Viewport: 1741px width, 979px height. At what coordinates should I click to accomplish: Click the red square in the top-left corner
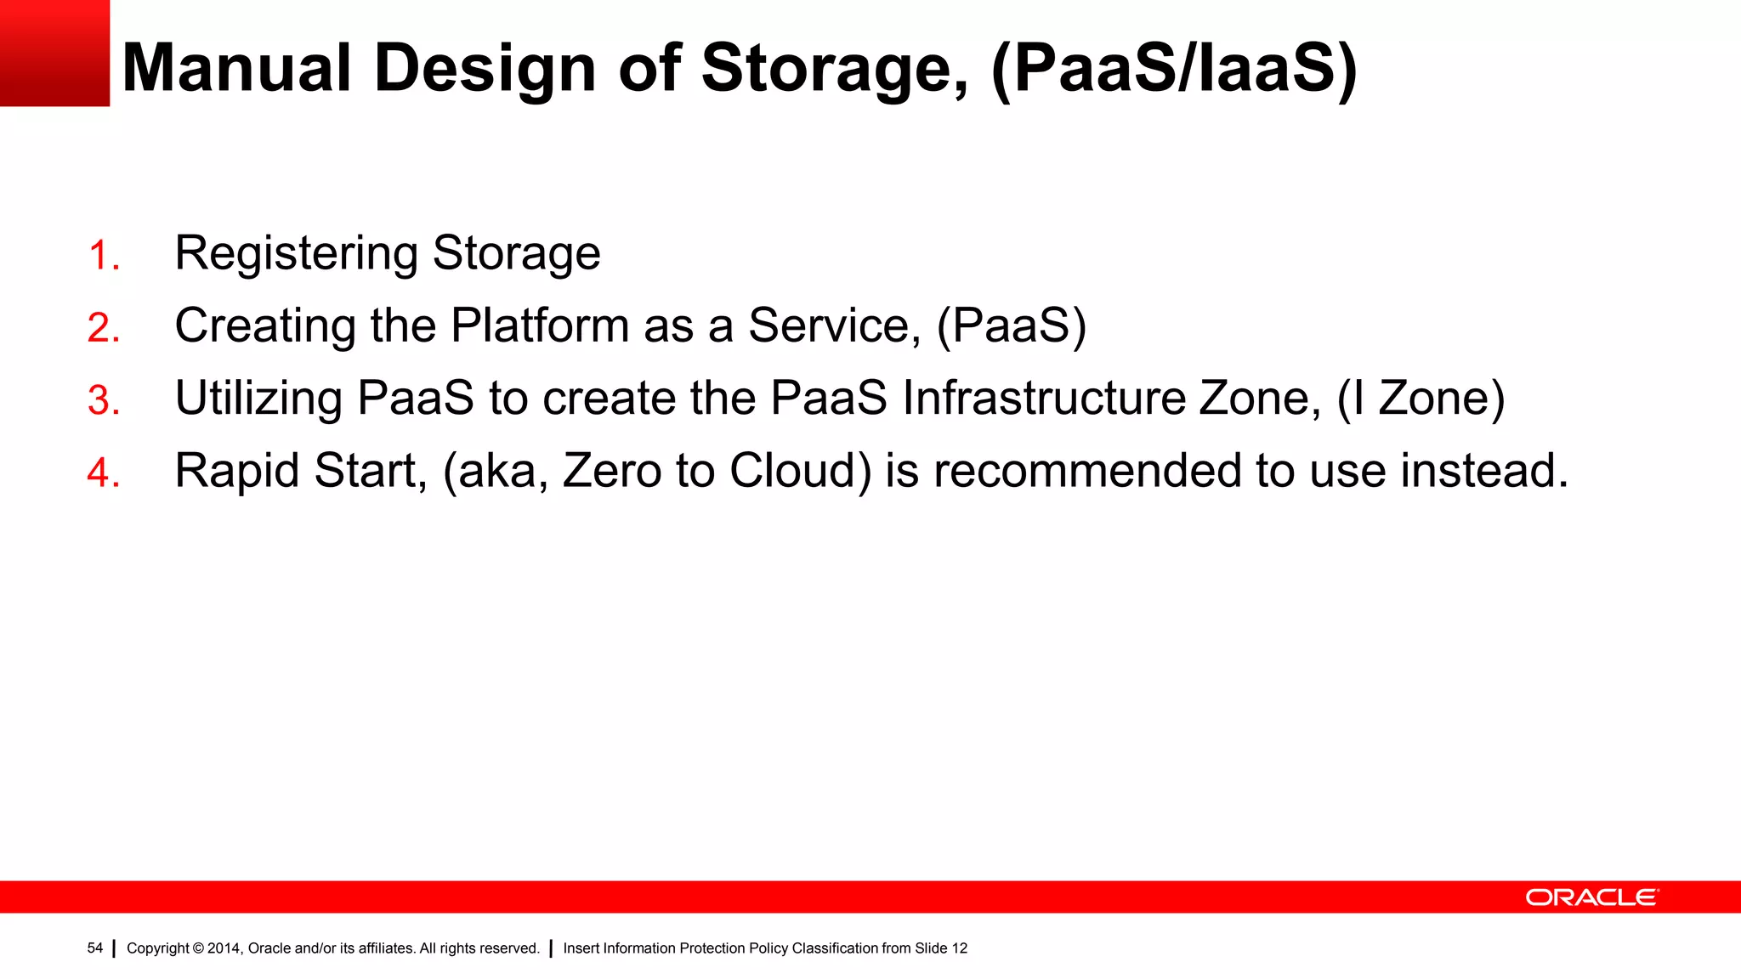point(54,53)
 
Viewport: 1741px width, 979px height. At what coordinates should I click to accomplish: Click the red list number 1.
point(103,256)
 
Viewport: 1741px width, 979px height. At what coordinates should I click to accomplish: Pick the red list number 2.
point(103,328)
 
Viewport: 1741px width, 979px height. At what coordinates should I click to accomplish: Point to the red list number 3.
point(103,400)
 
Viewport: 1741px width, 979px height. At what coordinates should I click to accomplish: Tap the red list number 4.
point(103,473)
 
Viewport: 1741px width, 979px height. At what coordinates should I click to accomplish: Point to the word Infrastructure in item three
point(1043,398)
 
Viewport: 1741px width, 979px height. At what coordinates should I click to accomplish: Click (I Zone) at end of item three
point(1421,399)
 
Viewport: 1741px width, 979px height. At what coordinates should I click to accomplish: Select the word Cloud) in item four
point(800,471)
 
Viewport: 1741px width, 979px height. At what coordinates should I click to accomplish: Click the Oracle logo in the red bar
point(1591,897)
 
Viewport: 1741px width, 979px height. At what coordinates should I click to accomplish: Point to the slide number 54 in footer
point(94,948)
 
